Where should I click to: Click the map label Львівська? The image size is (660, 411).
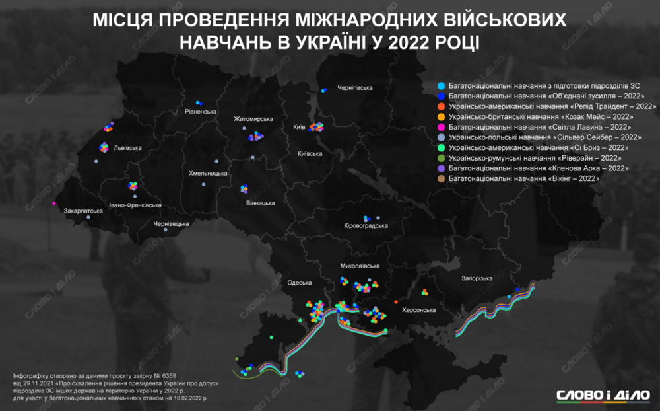click(126, 148)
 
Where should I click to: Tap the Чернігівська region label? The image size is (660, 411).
click(355, 88)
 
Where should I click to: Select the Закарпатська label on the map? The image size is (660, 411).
click(83, 211)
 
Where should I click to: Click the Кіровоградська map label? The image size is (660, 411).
click(366, 226)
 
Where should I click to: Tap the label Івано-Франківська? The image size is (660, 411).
click(135, 205)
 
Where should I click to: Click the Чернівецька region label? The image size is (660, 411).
click(171, 224)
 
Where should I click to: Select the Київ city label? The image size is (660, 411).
click(299, 127)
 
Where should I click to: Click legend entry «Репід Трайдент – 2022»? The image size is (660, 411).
click(552, 106)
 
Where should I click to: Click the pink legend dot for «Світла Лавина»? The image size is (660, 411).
click(440, 127)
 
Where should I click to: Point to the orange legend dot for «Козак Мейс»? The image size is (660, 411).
click(440, 116)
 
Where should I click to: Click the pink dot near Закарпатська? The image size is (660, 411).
click(54, 203)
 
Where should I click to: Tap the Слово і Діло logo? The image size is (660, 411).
click(603, 395)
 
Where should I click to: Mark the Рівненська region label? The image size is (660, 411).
click(201, 112)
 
